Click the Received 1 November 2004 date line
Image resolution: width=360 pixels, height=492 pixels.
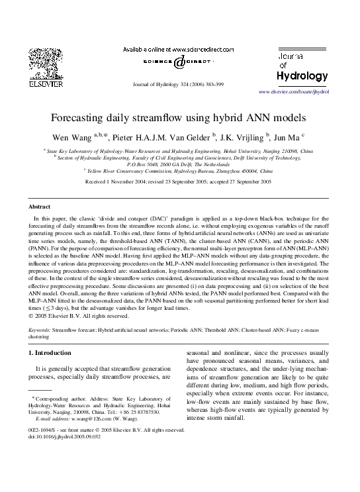coord(179,181)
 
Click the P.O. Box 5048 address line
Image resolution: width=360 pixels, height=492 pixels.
coord(179,164)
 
